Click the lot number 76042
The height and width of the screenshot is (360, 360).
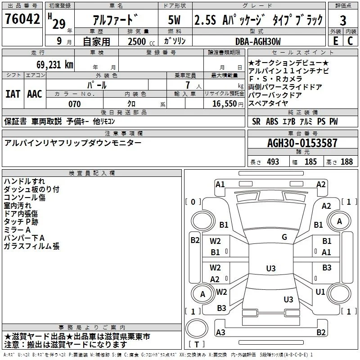(x=22, y=18)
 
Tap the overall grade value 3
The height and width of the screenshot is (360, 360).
(x=343, y=21)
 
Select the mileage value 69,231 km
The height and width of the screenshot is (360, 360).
(x=55, y=65)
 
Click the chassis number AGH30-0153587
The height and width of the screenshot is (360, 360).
(x=302, y=143)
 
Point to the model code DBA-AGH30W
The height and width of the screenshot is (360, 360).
(x=258, y=41)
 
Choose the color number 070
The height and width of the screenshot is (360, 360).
(x=75, y=104)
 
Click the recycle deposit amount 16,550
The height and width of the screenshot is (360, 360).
(x=224, y=104)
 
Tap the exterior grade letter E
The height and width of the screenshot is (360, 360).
(x=336, y=41)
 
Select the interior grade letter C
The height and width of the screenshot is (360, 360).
(x=350, y=41)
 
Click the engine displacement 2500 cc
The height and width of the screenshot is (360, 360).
(x=141, y=41)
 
